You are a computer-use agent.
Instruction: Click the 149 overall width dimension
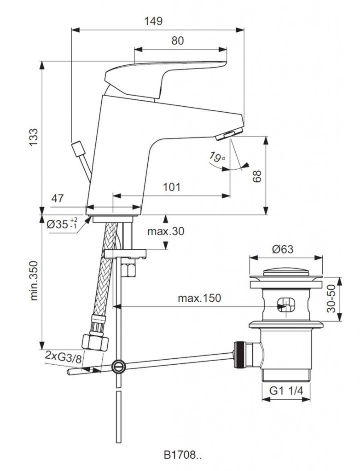(x=153, y=21)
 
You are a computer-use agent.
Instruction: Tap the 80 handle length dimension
(x=177, y=40)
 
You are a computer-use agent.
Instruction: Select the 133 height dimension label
(x=34, y=137)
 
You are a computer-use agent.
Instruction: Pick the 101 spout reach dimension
(x=172, y=187)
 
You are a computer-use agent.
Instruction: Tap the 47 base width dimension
(x=58, y=199)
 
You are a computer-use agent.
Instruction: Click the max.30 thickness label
(x=166, y=231)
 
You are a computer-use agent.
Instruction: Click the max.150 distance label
(x=199, y=298)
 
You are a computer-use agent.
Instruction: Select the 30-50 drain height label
(x=331, y=299)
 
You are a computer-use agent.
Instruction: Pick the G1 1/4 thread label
(x=286, y=391)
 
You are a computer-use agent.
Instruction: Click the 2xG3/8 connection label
(x=63, y=356)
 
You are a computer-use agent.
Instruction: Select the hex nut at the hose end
(x=95, y=342)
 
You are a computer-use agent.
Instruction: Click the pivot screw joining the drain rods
(x=118, y=366)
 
